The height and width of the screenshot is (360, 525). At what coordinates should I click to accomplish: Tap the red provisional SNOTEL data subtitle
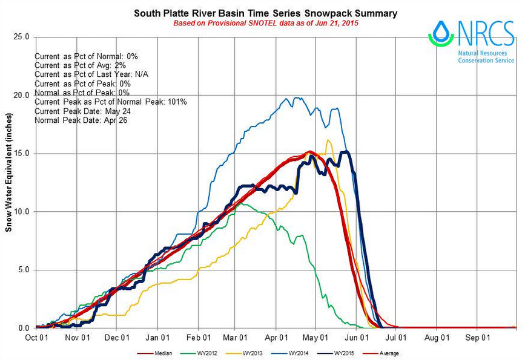click(x=262, y=23)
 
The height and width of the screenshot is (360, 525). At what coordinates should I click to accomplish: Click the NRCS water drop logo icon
click(x=441, y=33)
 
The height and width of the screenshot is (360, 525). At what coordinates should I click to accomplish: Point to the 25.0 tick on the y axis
click(x=21, y=37)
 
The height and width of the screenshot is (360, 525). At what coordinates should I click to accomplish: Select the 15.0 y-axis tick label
click(x=21, y=154)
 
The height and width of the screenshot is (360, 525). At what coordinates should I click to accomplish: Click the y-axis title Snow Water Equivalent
click(x=8, y=182)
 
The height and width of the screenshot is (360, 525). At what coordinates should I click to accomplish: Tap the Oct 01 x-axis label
click(x=36, y=338)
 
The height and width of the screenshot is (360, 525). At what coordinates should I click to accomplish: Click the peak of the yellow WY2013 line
click(x=328, y=140)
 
